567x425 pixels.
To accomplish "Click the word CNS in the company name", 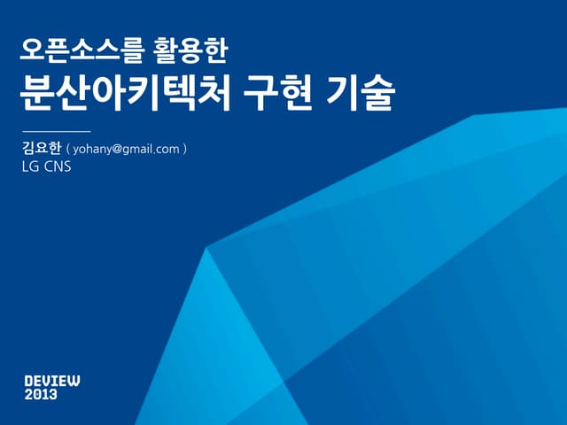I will coord(57,166).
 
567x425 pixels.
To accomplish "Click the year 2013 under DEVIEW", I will coord(41,395).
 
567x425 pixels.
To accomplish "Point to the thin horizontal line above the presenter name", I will coord(56,131).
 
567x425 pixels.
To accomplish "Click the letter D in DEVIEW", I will coord(29,381).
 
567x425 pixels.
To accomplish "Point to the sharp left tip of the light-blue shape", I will coord(206,248).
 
